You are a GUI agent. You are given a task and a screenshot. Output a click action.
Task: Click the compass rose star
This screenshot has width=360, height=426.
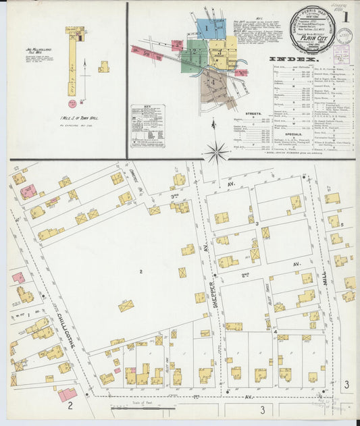click(217, 152)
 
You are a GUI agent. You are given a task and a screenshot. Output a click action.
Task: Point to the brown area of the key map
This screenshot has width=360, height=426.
click(215, 86)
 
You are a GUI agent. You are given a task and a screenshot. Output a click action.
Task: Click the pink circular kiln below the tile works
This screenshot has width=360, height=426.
click(72, 103)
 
